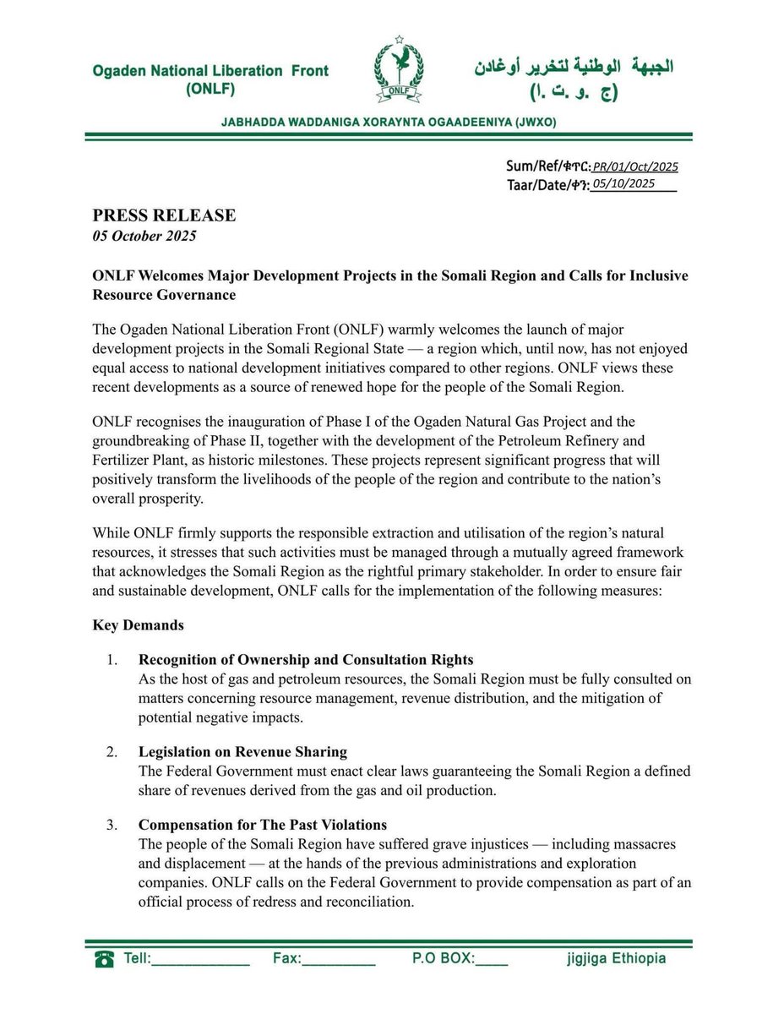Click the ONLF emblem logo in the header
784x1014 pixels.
[399, 74]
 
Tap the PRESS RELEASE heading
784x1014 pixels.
[164, 215]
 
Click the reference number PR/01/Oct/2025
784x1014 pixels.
[634, 167]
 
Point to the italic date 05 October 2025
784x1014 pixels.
[144, 236]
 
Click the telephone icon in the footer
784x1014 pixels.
[106, 959]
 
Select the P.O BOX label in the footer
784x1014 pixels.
[443, 959]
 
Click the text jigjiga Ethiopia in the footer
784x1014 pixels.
[616, 959]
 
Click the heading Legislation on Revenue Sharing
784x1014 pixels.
[242, 752]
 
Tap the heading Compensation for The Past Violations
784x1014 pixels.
[264, 825]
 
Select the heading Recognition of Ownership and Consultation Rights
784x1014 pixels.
[306, 660]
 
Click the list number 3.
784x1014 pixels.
[112, 825]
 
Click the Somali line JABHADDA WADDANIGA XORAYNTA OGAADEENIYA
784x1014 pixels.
[388, 123]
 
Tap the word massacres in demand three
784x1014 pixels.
[645, 845]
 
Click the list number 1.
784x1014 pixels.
[112, 660]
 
